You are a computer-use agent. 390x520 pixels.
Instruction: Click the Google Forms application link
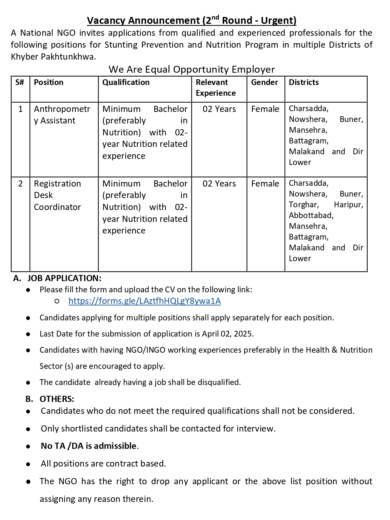coord(145,301)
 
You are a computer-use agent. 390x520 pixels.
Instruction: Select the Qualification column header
coord(126,82)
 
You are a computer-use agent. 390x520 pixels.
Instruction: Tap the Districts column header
coord(304,82)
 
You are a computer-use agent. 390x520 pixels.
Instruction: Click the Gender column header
coord(264,82)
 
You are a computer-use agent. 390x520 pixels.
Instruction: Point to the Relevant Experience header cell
coord(215,88)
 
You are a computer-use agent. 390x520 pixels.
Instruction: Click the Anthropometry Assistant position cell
coord(62,115)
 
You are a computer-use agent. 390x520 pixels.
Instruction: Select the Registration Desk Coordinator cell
coord(57,195)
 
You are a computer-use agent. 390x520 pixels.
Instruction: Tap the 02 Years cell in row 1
coord(219,109)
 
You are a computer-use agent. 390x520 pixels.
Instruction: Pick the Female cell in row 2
coord(265,184)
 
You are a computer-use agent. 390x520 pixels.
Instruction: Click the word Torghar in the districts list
coord(303,205)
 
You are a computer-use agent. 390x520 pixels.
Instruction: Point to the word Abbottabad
coord(311,215)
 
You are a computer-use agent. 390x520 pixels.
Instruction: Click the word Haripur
coord(348,205)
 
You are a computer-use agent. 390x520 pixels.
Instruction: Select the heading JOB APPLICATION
coord(64,278)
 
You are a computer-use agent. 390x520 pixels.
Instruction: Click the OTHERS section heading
coord(57,399)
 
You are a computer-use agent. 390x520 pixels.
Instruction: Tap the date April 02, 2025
coord(227,334)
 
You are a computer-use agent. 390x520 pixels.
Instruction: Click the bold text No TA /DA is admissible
coord(89,446)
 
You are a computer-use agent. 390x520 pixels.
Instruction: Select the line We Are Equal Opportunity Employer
coord(192,69)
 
